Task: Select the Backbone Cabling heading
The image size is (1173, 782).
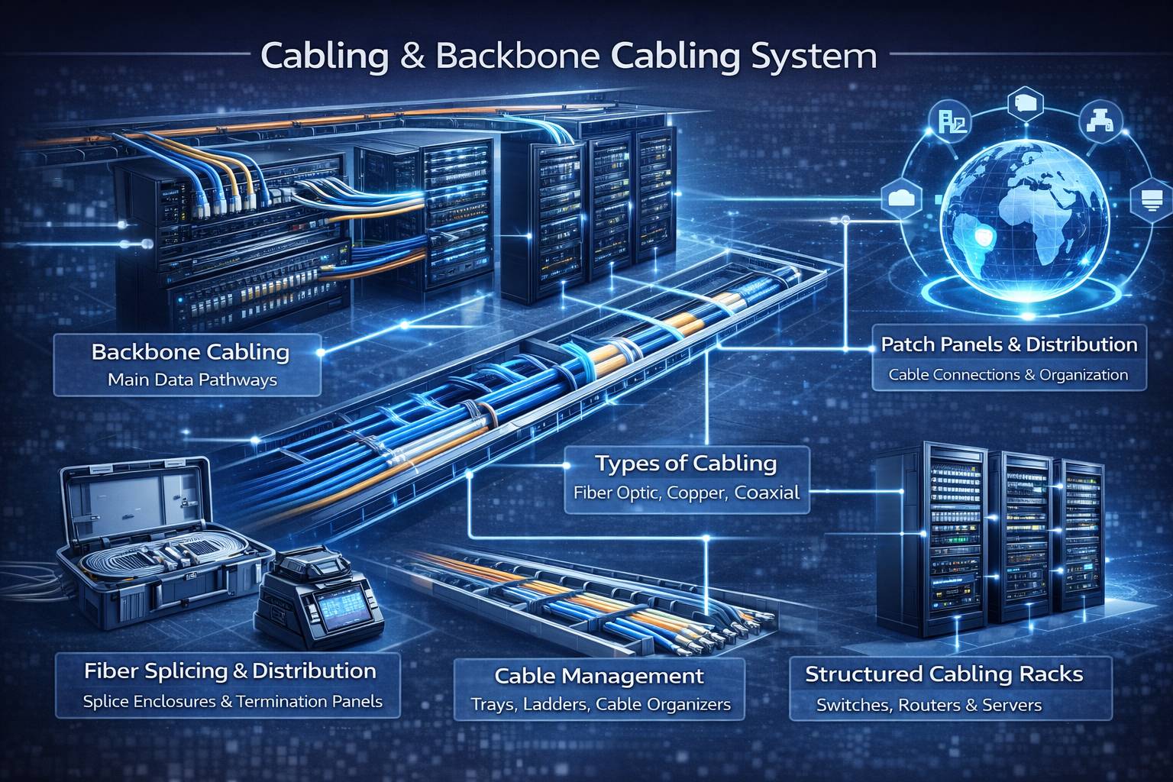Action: tap(190, 352)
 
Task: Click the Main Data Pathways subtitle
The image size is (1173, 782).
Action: tap(192, 380)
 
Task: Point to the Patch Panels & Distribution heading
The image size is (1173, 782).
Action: tap(1009, 344)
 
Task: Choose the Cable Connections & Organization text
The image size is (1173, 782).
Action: tap(1008, 375)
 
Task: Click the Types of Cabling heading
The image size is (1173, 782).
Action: tap(686, 463)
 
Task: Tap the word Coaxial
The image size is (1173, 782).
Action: tap(768, 493)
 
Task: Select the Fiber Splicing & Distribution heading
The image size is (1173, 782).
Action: tap(230, 671)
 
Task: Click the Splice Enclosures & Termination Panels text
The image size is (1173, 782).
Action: tap(232, 701)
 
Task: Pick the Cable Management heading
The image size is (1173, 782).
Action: tap(599, 676)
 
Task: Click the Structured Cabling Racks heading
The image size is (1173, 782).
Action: tap(944, 674)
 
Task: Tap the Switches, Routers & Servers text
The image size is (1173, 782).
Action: tap(929, 706)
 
